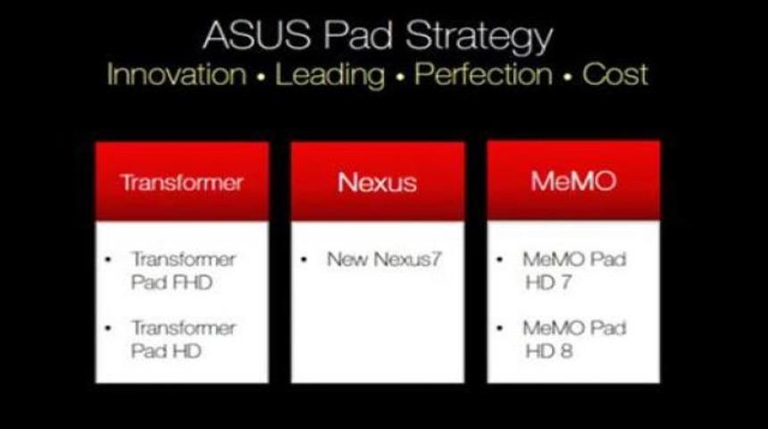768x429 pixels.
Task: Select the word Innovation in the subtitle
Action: pos(176,74)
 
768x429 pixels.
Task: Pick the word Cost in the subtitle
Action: pos(615,74)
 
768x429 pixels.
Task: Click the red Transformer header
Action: pos(182,183)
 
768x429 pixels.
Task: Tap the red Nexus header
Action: pos(377,183)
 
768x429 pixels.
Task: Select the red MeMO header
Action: pos(572,183)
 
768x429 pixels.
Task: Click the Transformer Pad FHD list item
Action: pos(182,270)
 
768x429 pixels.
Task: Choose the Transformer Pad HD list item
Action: pos(182,338)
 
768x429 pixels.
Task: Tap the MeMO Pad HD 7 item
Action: pos(573,270)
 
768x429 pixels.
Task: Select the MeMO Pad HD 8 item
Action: pos(573,338)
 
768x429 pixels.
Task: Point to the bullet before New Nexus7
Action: pos(305,260)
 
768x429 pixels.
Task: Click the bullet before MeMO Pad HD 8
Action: pos(500,328)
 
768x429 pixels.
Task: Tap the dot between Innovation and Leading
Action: pos(260,77)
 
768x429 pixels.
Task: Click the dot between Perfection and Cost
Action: pos(567,77)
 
